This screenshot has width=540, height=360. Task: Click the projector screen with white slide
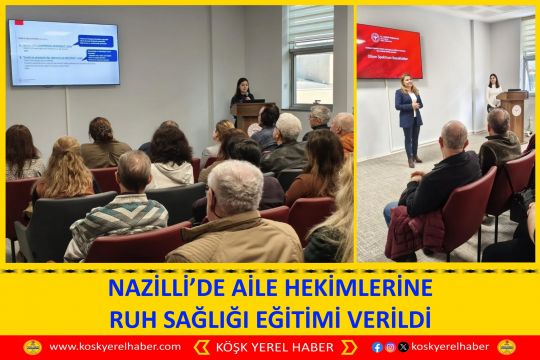tap(63, 51)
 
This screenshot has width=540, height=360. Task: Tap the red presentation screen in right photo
tap(389, 51)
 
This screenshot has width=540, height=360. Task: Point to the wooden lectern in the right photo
tap(514, 111)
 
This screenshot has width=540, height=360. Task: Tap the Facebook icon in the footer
tap(377, 347)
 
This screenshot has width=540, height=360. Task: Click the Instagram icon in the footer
tap(390, 347)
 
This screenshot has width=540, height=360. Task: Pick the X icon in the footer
tap(403, 347)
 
